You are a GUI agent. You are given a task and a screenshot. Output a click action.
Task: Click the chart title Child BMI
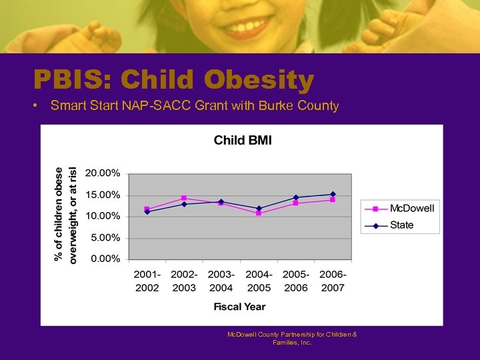tap(242, 140)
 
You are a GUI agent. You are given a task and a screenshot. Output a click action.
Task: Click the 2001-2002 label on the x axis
tap(147, 281)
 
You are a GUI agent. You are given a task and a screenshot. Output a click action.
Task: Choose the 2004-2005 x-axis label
tap(259, 281)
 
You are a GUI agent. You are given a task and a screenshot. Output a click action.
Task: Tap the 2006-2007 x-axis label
tap(333, 281)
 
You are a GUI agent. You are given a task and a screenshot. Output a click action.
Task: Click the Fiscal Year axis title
tap(239, 307)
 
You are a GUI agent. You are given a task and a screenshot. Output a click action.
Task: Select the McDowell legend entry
tap(411, 209)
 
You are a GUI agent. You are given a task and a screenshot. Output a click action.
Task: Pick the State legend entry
tap(401, 225)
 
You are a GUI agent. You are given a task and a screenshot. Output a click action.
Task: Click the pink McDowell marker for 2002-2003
tap(184, 198)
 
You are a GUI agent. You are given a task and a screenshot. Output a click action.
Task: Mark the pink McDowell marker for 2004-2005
tap(259, 213)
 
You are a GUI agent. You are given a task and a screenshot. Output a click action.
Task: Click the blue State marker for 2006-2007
tap(333, 194)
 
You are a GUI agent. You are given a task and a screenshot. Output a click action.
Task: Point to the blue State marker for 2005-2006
tap(296, 197)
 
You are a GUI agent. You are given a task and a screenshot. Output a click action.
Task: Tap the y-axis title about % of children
tap(67, 215)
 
